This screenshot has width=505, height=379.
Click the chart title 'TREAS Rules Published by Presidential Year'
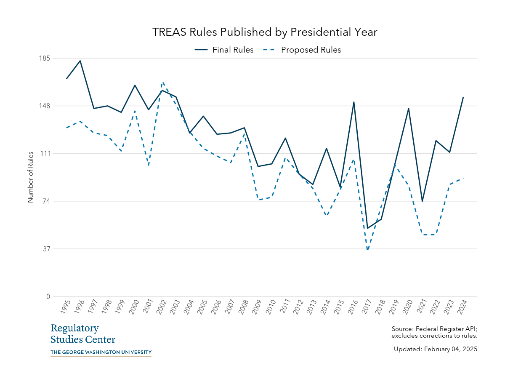pyautogui.click(x=265, y=32)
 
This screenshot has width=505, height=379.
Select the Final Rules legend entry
pyautogui.click(x=224, y=50)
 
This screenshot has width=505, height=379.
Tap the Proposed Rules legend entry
pyautogui.click(x=303, y=50)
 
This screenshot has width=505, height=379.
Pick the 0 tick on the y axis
pyautogui.click(x=48, y=296)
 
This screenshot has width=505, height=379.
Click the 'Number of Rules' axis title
pyautogui.click(x=30, y=177)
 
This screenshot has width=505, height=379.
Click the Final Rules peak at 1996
pyautogui.click(x=80, y=61)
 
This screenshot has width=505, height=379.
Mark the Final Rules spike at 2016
pyautogui.click(x=354, y=102)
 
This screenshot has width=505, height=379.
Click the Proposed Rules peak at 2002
pyautogui.click(x=162, y=83)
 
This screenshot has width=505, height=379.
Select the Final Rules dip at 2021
pyautogui.click(x=422, y=201)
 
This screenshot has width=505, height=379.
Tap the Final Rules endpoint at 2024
pyautogui.click(x=463, y=97)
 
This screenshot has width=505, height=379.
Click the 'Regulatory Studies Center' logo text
pyautogui.click(x=83, y=334)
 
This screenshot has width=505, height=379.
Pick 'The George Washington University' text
pyautogui.click(x=101, y=352)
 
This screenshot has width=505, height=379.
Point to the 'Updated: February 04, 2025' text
pyautogui.click(x=435, y=349)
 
